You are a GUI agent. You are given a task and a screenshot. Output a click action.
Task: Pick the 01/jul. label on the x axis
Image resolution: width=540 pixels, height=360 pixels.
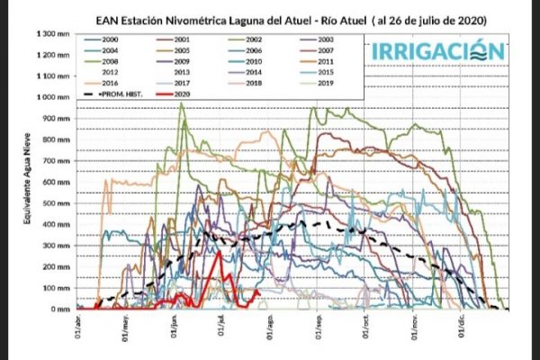pos(221,326)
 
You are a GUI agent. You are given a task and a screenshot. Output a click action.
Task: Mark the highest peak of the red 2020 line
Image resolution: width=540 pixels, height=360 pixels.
pos(220,251)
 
